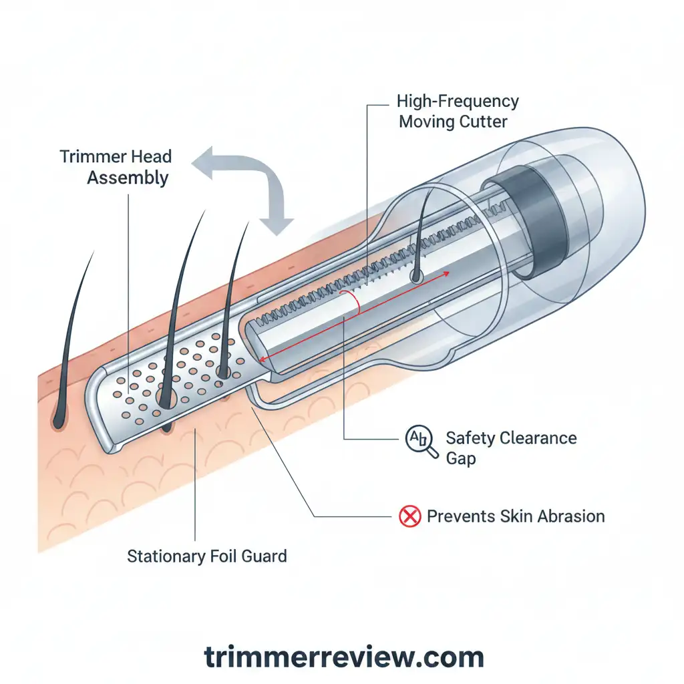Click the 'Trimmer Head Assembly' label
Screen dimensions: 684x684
(x=116, y=167)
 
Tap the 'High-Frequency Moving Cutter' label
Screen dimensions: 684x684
(x=458, y=112)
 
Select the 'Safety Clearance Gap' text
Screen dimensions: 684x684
(x=510, y=448)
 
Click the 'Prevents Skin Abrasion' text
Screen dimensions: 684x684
(x=515, y=516)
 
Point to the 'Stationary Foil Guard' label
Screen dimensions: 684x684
(x=207, y=556)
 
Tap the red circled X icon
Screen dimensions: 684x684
(x=409, y=516)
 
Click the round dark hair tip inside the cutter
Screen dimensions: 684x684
(x=416, y=275)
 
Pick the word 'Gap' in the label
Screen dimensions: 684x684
(x=461, y=460)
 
